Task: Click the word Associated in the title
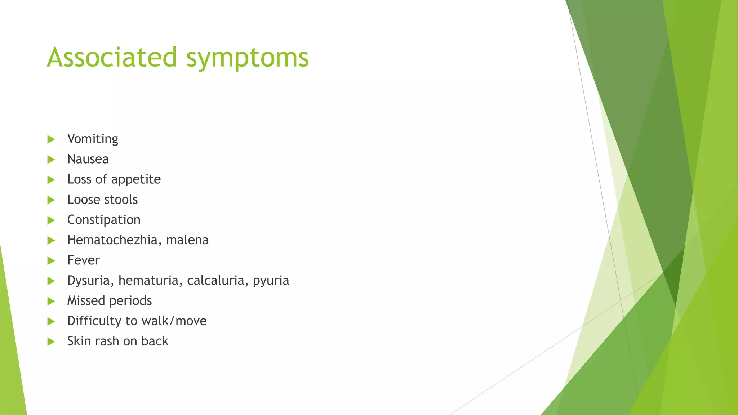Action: tap(112, 57)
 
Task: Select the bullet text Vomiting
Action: tap(93, 139)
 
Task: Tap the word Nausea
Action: tap(88, 159)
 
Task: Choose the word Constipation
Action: tap(104, 220)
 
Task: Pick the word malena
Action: tap(187, 240)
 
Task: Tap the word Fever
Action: tap(83, 260)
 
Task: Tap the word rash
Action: tap(107, 341)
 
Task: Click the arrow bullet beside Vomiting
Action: tap(51, 139)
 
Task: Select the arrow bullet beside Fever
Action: tap(51, 260)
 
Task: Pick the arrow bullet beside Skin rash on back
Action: tap(51, 342)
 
